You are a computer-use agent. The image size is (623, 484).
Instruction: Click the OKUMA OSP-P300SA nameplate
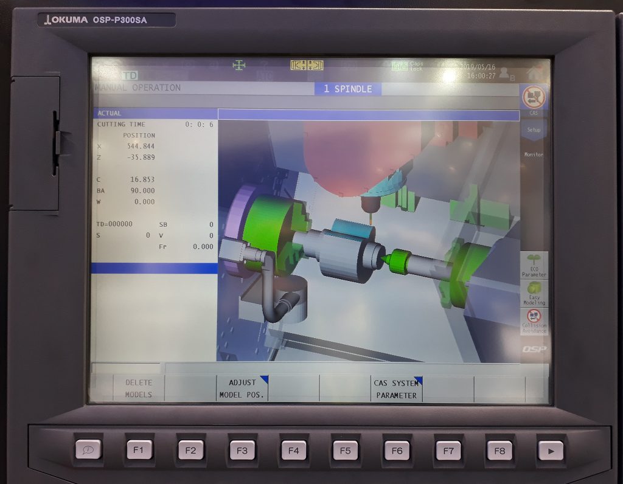tap(106, 20)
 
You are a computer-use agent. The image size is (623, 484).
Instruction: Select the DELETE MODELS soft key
tap(139, 389)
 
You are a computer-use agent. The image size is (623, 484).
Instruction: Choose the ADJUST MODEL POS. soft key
tap(242, 389)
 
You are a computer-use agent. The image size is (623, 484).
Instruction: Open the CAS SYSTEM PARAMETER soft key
tap(396, 389)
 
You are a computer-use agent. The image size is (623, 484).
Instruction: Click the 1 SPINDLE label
tap(347, 89)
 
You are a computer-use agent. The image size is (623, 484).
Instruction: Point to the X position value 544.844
tap(141, 147)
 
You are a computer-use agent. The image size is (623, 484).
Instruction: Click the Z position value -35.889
tap(141, 157)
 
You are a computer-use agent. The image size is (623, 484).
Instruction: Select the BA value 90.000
tap(142, 190)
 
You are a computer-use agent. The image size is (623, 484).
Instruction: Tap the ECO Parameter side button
tap(534, 266)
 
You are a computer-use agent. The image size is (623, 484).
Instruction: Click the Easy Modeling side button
tap(534, 293)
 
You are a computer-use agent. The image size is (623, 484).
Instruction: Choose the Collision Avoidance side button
tap(534, 321)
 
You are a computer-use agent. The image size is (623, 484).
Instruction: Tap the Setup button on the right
tap(534, 129)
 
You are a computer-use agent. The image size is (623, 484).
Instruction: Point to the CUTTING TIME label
tap(121, 124)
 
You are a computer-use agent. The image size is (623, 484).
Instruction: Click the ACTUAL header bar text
tap(110, 113)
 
